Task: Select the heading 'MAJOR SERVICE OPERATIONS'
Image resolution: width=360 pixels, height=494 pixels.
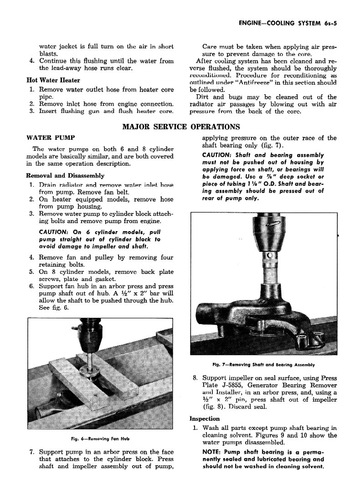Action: tap(181, 127)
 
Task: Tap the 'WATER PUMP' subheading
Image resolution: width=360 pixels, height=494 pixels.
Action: tap(51, 137)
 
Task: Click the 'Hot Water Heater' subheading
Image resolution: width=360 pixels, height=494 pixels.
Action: tap(53, 81)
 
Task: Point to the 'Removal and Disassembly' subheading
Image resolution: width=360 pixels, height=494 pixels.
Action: tap(65, 175)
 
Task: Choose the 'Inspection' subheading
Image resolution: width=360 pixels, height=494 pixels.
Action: tap(205, 418)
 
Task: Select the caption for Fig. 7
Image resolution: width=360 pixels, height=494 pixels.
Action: tap(263, 365)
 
